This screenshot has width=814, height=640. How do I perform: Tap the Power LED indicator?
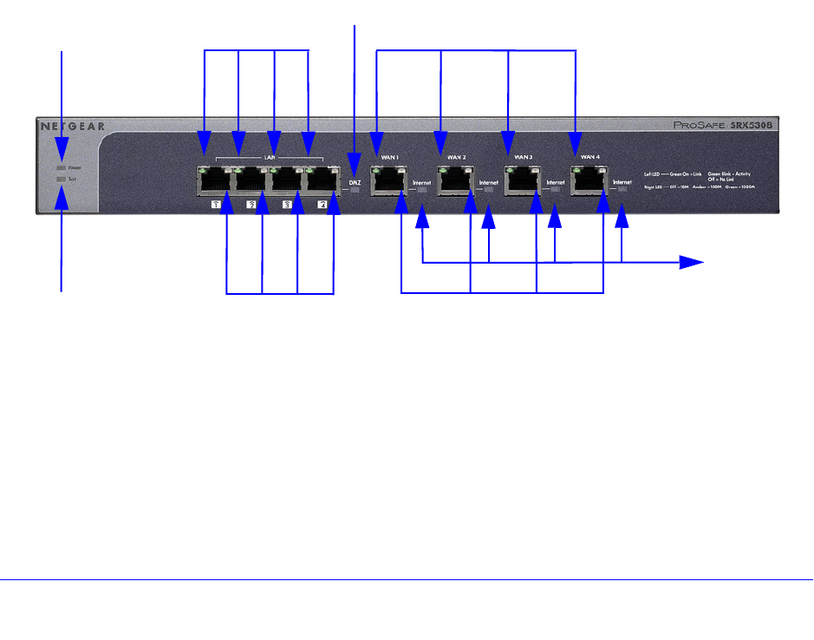click(61, 167)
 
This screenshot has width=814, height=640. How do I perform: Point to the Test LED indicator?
click(61, 179)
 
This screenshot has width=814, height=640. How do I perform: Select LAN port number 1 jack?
click(213, 180)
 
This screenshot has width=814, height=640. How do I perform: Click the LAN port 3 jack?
click(286, 180)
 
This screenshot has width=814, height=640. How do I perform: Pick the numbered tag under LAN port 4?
click(322, 205)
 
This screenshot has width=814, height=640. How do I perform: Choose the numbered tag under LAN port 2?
click(251, 205)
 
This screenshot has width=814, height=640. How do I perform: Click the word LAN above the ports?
click(269, 157)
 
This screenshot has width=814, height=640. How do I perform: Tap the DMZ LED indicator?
click(355, 190)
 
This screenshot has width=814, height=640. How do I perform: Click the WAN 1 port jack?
click(387, 180)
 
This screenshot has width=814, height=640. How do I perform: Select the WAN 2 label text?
click(457, 157)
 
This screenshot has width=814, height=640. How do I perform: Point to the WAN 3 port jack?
click(520, 180)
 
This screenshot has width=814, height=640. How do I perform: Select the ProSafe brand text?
click(699, 126)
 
